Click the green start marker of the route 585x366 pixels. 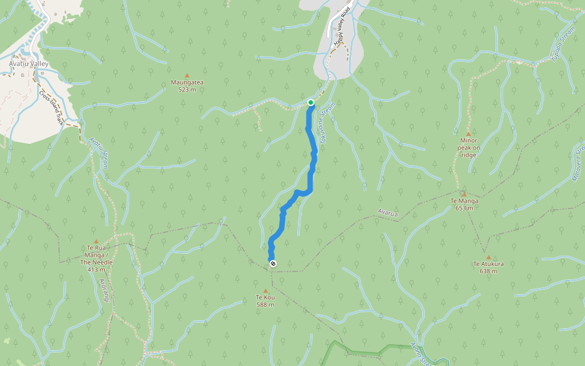[311, 102]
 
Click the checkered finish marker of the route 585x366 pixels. [272, 264]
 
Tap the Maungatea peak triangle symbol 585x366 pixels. [187, 75]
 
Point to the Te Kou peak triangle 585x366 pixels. [265, 290]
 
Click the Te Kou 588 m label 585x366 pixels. [265, 301]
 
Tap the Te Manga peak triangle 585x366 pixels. [464, 194]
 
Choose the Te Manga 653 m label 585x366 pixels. [464, 204]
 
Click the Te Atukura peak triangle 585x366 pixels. [488, 257]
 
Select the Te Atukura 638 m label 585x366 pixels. [488, 268]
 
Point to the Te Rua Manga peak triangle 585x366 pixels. [96, 242]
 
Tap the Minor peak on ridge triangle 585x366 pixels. [468, 134]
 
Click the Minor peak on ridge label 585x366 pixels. [469, 148]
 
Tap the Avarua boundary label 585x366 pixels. [388, 213]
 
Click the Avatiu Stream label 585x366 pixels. [98, 150]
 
